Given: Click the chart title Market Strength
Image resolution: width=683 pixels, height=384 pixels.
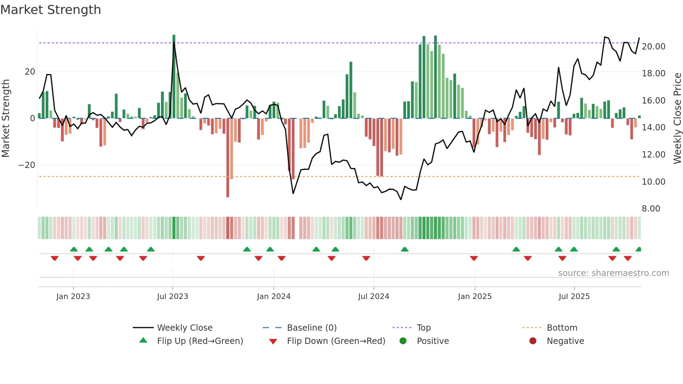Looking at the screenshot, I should coord(51,10).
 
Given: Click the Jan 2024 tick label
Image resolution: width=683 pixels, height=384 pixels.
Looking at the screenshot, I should coord(274,297).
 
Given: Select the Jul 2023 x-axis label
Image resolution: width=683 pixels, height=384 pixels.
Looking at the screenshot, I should coord(172,297).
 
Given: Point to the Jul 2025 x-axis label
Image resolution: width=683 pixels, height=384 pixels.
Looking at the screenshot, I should coord(574,297).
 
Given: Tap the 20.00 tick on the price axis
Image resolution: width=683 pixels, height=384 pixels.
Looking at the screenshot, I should coord(653,47).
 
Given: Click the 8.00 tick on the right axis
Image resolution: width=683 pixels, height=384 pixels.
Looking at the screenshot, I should coord(651,209).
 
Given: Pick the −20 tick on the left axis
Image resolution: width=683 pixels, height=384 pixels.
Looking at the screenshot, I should coord(27,165).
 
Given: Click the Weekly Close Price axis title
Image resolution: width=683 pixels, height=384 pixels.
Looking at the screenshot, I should coord(677,118).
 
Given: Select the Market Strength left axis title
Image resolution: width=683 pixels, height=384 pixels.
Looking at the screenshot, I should coord(6,118).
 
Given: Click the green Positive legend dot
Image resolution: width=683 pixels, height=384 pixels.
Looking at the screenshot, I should coord(403,341).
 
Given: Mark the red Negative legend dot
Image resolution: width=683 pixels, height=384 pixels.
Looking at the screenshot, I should coord(533,341).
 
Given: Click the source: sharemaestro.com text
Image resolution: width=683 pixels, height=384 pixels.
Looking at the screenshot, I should coord(613,273).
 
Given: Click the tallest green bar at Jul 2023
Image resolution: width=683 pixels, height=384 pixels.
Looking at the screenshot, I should coord(174,77).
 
